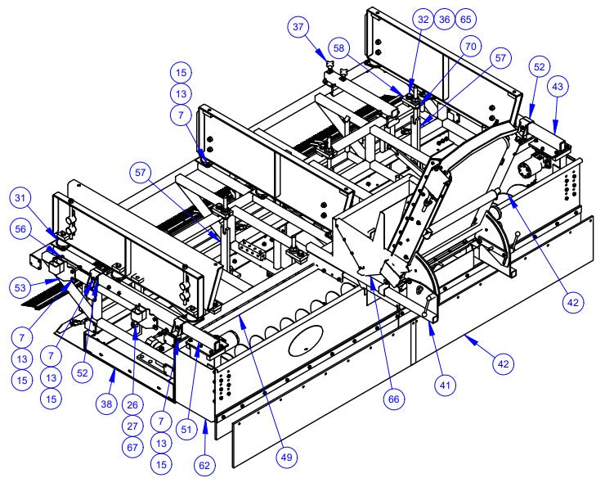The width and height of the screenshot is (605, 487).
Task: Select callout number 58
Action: [339, 45]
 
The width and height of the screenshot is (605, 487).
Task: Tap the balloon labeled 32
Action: [423, 17]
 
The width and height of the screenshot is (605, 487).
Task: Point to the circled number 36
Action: [444, 17]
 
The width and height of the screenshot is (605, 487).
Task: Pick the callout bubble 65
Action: [465, 17]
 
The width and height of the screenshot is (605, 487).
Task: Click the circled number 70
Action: [468, 48]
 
